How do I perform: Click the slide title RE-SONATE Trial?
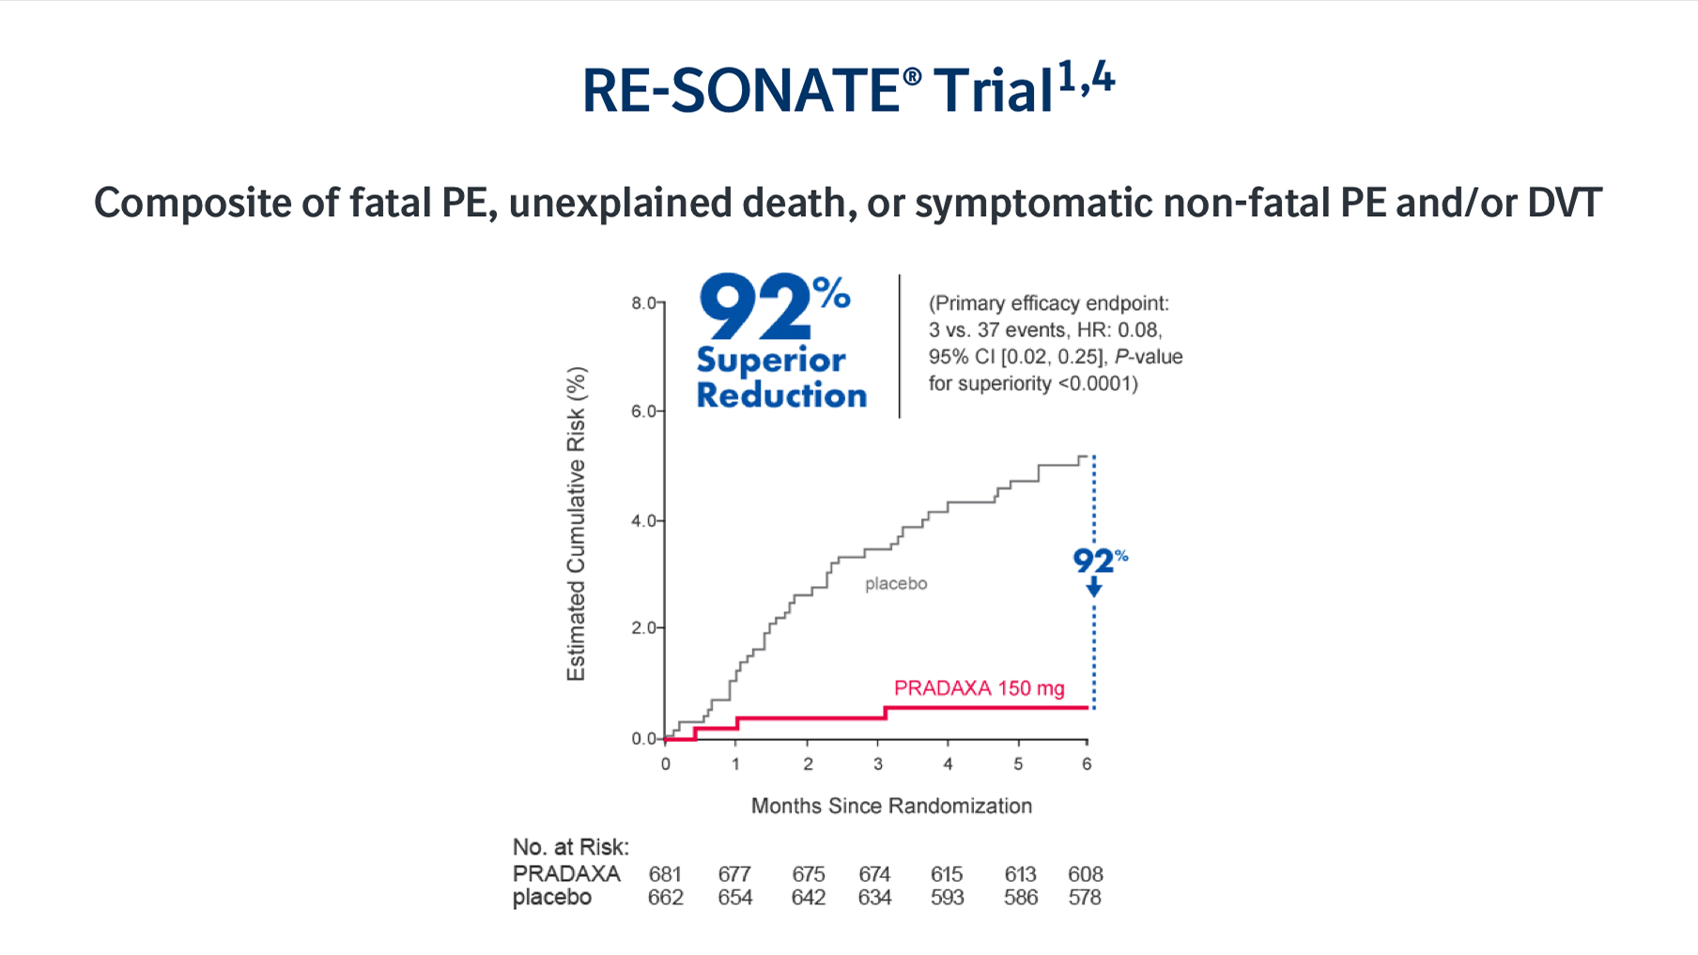847,89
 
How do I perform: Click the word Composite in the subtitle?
193,203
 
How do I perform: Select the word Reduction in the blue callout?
781,395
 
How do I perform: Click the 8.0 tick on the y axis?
643,303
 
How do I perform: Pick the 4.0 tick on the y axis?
643,520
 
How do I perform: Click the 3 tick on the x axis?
878,763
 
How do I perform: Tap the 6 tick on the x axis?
1087,763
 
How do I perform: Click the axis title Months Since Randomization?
891,806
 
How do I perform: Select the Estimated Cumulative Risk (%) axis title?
576,523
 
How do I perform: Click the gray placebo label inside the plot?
896,584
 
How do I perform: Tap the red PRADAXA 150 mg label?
979,688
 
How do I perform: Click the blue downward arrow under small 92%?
1094,588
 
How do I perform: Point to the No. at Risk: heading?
570,847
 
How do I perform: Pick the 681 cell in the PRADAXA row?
665,874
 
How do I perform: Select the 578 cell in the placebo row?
1085,898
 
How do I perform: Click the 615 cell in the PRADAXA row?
947,874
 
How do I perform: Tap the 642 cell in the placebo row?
808,898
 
